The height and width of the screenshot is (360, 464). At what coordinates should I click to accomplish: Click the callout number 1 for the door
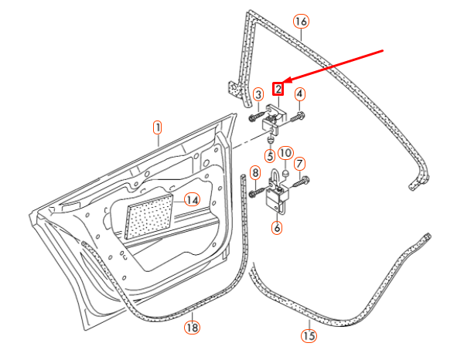157,127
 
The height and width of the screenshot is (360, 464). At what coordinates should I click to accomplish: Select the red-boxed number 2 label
278,89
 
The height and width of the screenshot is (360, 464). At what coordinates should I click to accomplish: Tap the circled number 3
258,95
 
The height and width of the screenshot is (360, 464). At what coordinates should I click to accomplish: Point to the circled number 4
299,95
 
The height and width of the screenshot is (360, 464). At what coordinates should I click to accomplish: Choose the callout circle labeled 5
270,155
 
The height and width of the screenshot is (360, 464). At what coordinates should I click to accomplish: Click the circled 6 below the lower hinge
277,228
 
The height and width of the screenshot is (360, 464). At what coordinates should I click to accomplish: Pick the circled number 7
300,164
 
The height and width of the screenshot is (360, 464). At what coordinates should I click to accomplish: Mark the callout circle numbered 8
255,172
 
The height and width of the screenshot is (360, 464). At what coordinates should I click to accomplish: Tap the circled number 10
285,153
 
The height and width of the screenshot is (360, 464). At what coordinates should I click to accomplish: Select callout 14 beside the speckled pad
192,200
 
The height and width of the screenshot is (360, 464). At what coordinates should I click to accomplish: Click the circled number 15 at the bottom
309,335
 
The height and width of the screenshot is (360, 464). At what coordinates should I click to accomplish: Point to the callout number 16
301,21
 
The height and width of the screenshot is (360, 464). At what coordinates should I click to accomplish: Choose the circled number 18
192,328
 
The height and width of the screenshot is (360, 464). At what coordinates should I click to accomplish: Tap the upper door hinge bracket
275,117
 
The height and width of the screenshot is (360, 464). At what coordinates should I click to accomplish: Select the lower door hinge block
276,199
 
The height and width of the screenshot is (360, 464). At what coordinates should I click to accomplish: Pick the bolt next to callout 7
301,182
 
